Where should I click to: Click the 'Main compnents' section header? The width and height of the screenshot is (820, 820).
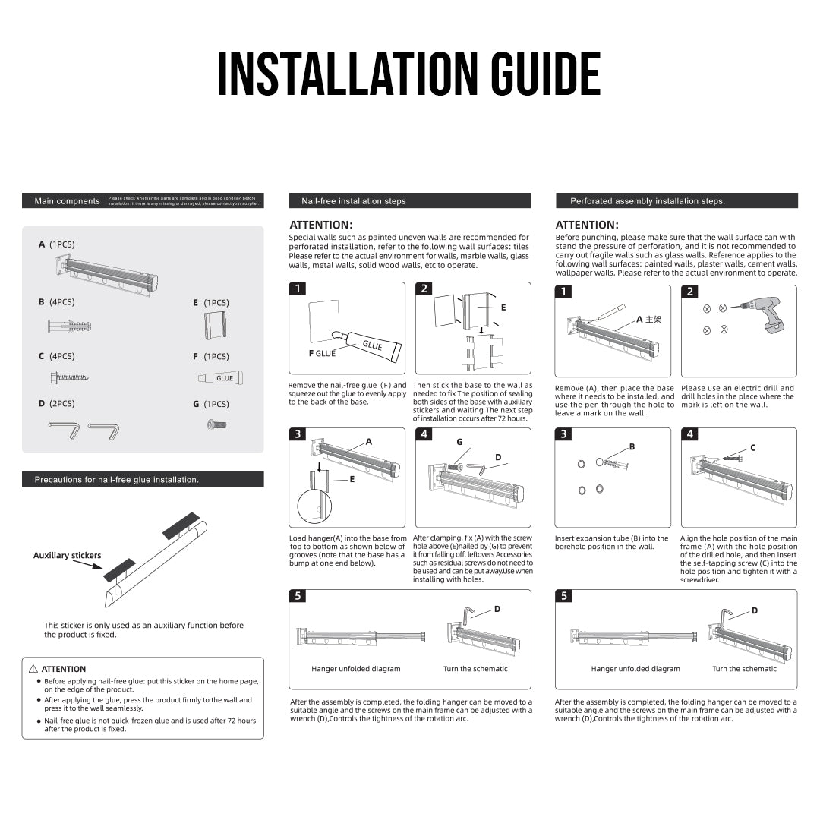67,201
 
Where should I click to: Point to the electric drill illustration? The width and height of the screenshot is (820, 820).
769,314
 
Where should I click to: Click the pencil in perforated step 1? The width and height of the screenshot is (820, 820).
611,311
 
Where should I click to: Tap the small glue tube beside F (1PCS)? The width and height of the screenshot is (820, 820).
220,377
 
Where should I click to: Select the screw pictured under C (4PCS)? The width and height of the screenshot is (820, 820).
69,377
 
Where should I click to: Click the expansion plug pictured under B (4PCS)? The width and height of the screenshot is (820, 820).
69,326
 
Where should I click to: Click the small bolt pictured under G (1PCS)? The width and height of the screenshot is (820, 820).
214,426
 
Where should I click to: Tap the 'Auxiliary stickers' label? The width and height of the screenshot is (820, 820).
67,556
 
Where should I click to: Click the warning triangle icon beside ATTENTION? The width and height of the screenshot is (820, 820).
33,669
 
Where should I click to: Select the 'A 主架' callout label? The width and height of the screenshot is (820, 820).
648,320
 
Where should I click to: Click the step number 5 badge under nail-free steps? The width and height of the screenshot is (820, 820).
298,596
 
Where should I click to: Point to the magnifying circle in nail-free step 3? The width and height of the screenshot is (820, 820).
314,506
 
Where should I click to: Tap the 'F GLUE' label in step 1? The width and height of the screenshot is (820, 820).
321,354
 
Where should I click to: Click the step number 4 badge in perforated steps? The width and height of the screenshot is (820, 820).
689,434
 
